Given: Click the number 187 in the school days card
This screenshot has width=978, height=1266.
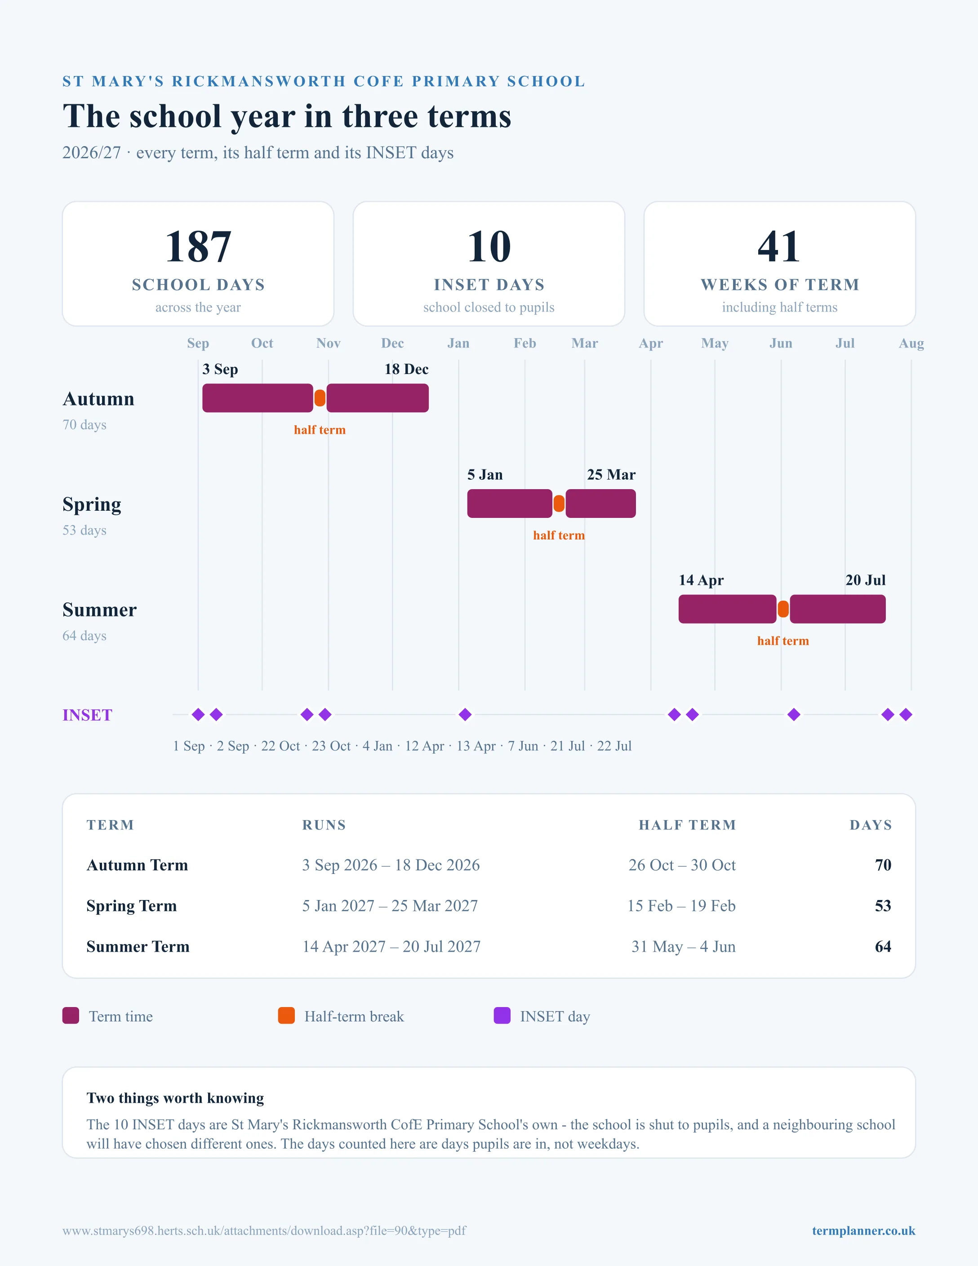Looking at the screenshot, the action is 198,246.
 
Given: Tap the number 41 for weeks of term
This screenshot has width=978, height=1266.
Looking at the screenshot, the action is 779,246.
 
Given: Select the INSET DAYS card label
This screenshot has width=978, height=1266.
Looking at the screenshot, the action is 489,285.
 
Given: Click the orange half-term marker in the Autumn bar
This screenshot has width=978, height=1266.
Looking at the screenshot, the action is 320,398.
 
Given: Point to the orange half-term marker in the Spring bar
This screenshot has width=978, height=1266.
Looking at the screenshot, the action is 559,503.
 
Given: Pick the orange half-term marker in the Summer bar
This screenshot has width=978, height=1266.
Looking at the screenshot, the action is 783,609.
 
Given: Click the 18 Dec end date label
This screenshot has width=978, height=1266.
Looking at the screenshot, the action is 406,369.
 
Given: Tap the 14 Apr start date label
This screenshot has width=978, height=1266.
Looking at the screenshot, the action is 701,580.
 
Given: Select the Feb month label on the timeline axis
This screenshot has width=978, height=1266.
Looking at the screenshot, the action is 525,343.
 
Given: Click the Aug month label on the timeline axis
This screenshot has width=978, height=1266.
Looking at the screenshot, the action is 911,343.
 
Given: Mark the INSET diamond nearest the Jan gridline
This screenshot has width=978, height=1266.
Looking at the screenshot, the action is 465,715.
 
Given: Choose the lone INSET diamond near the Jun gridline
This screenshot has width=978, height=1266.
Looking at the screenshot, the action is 794,715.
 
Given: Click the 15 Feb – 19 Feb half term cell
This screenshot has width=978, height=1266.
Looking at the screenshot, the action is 681,905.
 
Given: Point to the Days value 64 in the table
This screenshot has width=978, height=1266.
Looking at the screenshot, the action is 883,946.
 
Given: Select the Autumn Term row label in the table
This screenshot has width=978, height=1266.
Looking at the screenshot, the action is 138,865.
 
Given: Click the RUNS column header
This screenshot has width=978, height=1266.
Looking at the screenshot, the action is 324,825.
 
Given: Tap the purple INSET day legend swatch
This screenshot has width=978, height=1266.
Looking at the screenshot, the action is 502,1016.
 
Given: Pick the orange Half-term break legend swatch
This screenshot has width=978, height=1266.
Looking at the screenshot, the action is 286,1016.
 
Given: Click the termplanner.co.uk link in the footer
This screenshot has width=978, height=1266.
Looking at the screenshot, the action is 863,1230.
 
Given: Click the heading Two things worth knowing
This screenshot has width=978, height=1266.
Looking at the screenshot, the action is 175,1098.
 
